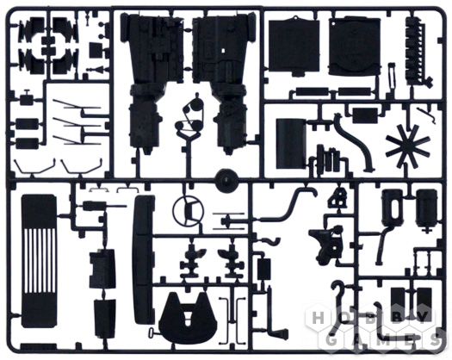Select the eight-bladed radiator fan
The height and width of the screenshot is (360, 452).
tap(407, 144)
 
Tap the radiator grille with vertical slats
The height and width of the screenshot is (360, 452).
tap(39, 261)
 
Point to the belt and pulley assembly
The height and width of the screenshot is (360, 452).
tap(190, 115)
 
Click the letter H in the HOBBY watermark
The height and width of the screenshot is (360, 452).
tap(319, 319)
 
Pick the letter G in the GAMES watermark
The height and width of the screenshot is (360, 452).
tap(332, 341)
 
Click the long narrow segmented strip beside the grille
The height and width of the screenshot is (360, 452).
tap(143, 259)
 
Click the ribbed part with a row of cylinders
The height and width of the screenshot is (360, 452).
tap(417, 51)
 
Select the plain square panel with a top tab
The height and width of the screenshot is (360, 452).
tap(294, 46)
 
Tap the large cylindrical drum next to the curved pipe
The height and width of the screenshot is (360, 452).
tap(291, 143)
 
